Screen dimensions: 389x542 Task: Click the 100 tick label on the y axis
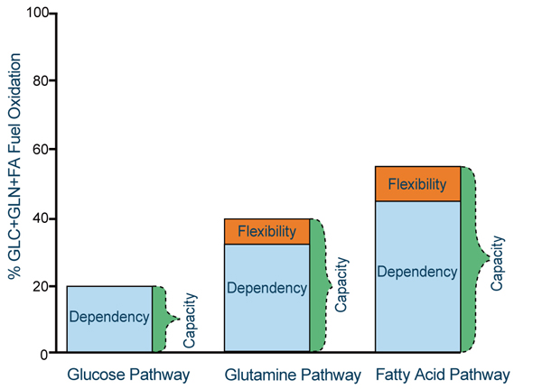pos(37,13)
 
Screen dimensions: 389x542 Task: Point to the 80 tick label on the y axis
pos(41,81)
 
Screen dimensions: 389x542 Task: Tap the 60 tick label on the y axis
pos(41,150)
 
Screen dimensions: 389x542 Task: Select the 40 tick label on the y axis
pos(41,218)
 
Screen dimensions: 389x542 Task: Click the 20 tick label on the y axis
pos(41,287)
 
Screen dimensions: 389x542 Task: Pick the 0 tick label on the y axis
pos(44,355)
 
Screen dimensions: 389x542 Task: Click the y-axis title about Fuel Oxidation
pos(15,181)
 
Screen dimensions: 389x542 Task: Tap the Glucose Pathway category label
pos(116,375)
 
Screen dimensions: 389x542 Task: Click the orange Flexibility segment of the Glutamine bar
pos(266,232)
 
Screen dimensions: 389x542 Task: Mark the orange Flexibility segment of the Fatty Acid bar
pos(417,184)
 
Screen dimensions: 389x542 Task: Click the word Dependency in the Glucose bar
pos(109,317)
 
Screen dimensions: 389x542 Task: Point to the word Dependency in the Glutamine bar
pos(266,288)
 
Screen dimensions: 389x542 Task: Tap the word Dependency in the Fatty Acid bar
pos(417,271)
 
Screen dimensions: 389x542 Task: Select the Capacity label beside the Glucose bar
pos(191,319)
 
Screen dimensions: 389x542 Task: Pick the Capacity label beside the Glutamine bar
pos(341,283)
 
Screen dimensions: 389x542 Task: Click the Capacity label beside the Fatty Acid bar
pos(497,262)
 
